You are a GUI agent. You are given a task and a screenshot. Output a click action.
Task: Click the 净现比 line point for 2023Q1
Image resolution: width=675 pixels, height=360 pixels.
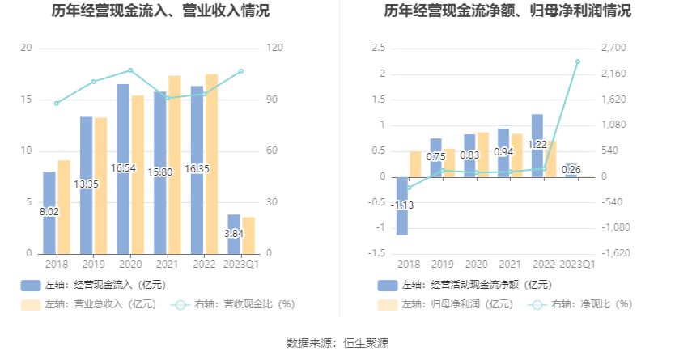click(x=578, y=61)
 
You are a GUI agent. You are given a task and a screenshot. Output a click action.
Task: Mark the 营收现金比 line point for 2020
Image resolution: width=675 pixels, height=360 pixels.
click(x=130, y=70)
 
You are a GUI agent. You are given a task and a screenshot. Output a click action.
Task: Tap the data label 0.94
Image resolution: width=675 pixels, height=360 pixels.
click(x=504, y=151)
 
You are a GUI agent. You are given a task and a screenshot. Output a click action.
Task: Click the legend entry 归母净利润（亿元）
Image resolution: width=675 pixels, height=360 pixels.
click(x=445, y=304)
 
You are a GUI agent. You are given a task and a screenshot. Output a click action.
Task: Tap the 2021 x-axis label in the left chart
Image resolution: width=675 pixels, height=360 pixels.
click(x=168, y=264)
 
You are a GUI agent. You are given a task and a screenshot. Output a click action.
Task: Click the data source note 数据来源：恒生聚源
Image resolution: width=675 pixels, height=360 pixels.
click(x=337, y=343)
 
